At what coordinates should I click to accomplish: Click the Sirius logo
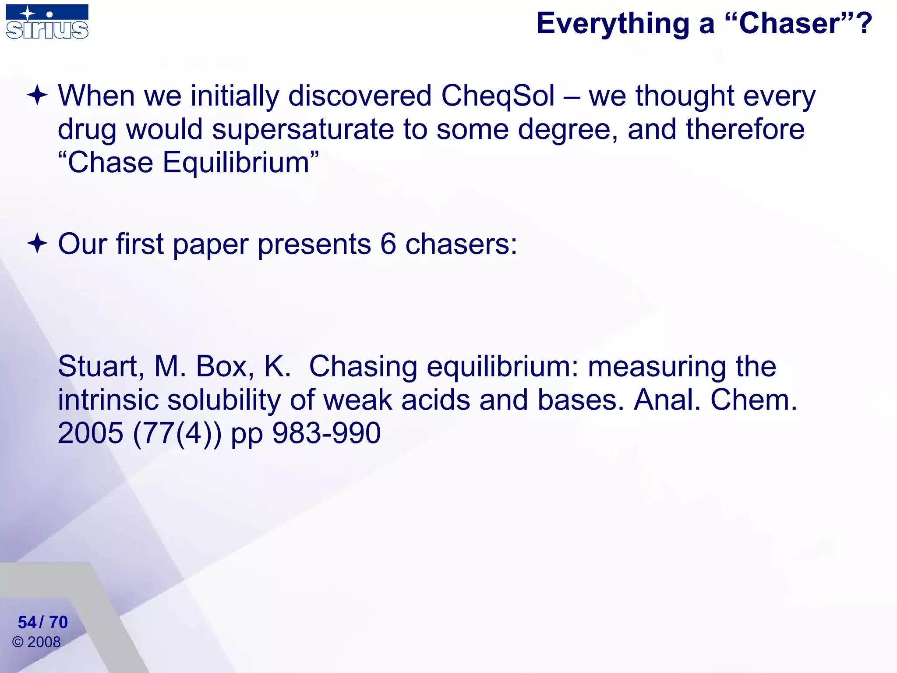pyautogui.click(x=47, y=22)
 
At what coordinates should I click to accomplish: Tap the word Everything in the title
pyautogui.click(x=613, y=24)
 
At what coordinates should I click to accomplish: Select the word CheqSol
pyautogui.click(x=498, y=96)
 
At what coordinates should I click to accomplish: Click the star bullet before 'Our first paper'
pyautogui.click(x=37, y=244)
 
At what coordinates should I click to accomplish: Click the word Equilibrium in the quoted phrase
pyautogui.click(x=236, y=163)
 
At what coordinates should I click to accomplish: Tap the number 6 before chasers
pyautogui.click(x=388, y=244)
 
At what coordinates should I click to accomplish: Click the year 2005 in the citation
pyautogui.click(x=91, y=433)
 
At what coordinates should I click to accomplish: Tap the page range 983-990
pyautogui.click(x=326, y=433)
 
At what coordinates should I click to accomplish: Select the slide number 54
pyautogui.click(x=27, y=622)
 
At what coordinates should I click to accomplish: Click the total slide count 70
pyautogui.click(x=58, y=622)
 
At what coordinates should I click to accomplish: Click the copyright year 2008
pyautogui.click(x=44, y=642)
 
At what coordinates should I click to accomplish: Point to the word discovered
pyautogui.click(x=360, y=96)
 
